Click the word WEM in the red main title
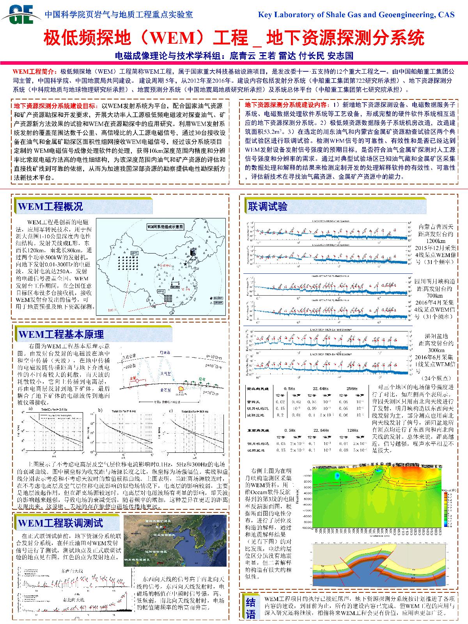point(172,38)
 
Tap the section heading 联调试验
point(268,206)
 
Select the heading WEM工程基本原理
point(61,334)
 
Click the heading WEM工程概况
point(51,206)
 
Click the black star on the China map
point(185,264)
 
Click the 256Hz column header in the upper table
point(352,388)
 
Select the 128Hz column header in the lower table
point(352,430)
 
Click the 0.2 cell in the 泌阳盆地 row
point(280,415)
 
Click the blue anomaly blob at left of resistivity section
point(336,475)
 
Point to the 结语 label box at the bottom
point(251,608)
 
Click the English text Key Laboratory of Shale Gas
point(356,14)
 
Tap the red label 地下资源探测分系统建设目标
point(56,106)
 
